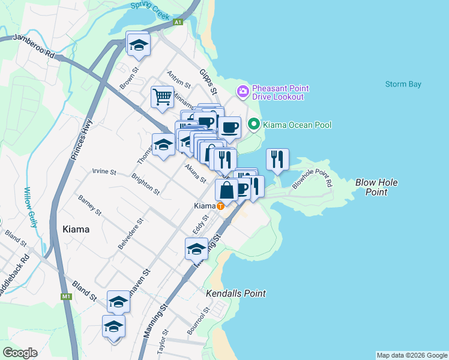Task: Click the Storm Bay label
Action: pos(403,84)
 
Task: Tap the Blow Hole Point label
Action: pos(376,187)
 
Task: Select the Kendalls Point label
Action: pos(235,293)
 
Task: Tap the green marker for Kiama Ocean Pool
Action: pos(254,125)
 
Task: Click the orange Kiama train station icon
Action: pos(221,206)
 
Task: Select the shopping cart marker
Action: pos(162,97)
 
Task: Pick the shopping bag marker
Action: pos(227,191)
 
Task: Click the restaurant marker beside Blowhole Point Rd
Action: pos(277,159)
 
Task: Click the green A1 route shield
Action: pos(178,22)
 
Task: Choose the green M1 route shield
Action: pos(66,296)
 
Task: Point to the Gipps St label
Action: pos(211,77)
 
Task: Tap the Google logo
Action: pos(20,352)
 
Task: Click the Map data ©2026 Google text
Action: pos(411,355)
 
